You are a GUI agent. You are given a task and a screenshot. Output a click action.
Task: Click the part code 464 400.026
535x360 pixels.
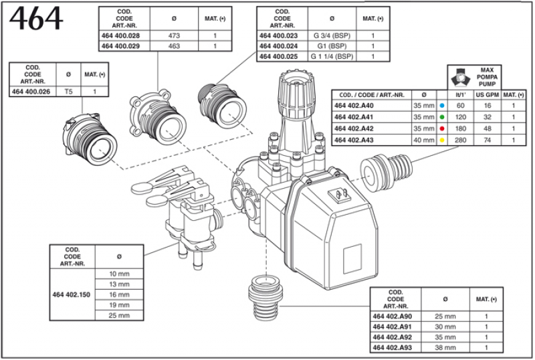(x=33, y=91)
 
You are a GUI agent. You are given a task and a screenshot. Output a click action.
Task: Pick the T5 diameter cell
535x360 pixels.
(x=68, y=91)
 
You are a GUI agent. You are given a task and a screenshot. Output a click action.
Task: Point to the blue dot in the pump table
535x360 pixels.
(x=441, y=106)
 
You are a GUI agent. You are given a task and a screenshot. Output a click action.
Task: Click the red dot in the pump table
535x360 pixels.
(x=441, y=128)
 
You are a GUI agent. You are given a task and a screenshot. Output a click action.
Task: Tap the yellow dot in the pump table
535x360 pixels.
(x=441, y=139)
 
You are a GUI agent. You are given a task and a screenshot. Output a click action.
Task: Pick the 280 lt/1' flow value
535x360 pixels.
(x=460, y=139)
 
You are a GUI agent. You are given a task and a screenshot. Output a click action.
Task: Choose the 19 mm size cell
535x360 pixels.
(x=119, y=305)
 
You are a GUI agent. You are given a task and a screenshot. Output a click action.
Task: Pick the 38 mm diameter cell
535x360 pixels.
(x=445, y=348)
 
